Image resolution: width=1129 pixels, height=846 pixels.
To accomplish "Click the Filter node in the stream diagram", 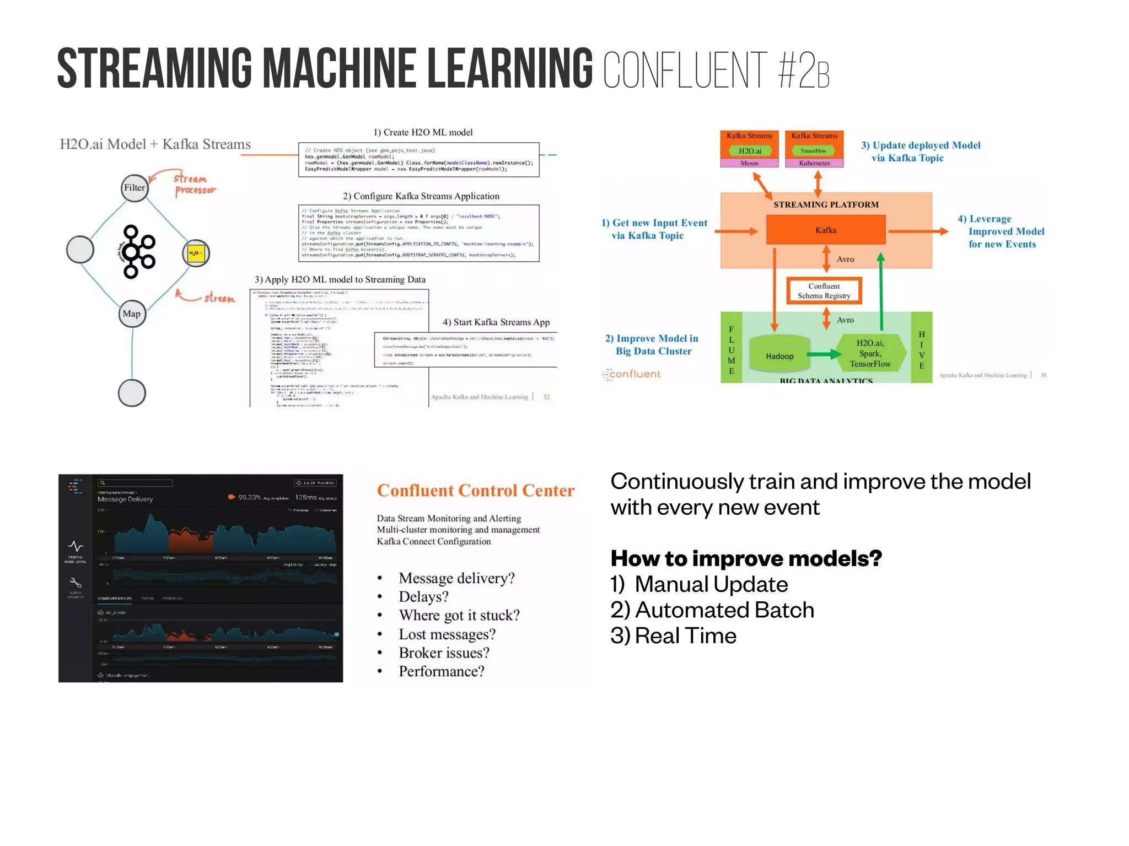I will [135, 188].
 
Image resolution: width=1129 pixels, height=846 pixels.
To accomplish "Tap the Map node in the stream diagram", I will [132, 314].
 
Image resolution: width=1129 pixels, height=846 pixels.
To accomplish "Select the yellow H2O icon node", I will [196, 254].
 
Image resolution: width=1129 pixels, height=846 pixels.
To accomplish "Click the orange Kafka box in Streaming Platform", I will [826, 230].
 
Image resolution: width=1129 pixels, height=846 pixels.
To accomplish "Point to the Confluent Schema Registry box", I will [824, 291].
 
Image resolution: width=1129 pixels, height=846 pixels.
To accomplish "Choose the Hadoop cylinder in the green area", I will [779, 356].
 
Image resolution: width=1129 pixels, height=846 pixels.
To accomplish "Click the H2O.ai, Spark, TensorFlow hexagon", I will [870, 353].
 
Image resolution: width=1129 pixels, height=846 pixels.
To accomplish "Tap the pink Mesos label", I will [749, 163].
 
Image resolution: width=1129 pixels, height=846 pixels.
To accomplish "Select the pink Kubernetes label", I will [814, 163].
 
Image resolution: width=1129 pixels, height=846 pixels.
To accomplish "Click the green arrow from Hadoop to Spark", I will [825, 354].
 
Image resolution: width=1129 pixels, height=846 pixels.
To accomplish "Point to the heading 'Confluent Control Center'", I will [475, 491].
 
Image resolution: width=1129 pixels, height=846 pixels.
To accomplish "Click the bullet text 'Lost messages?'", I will [447, 634].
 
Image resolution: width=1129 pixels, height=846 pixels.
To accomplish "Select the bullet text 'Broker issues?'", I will [444, 653].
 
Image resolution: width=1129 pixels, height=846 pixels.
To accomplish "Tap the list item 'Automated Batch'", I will [724, 610].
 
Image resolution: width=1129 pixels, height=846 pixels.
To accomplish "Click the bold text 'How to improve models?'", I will [746, 558].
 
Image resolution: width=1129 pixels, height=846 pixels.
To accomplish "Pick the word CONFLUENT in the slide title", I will [685, 70].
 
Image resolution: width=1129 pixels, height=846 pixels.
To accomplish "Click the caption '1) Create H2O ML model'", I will [423, 132].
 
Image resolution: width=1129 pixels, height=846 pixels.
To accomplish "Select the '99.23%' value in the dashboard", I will [249, 497].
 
